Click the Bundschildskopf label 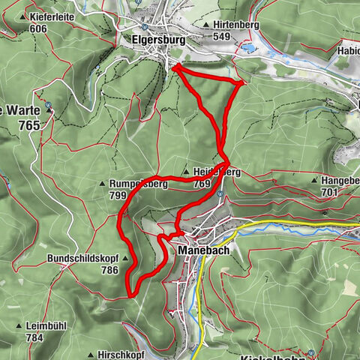click(x=78, y=258)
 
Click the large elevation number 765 click(x=29, y=126)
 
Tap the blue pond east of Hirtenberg click(x=247, y=48)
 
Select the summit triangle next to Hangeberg click(x=314, y=181)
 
